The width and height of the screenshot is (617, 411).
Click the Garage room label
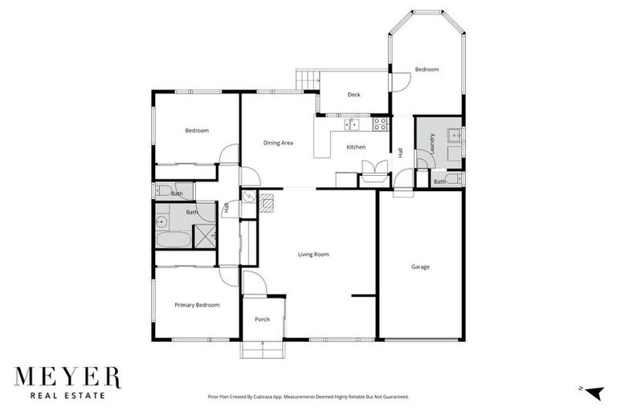coord(420,267)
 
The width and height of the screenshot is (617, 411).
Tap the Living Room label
coord(313,254)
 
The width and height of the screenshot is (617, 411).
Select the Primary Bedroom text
coord(197,305)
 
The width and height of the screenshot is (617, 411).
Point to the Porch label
coord(262,319)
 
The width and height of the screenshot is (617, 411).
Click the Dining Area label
coord(278,143)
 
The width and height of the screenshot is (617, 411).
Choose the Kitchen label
coord(356,147)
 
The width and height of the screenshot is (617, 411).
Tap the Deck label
coord(353,95)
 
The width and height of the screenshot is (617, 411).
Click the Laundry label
coord(432,143)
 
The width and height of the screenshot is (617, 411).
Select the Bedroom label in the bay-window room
coord(427,70)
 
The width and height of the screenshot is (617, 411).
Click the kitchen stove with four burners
coord(380,123)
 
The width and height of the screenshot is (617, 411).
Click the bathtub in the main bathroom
coord(173,238)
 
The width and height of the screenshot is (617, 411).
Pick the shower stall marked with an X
coord(205,236)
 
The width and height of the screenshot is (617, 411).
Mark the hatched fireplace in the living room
coord(266,201)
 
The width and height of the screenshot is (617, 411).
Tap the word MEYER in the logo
coord(67,377)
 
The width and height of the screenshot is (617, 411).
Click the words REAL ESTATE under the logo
coord(67,395)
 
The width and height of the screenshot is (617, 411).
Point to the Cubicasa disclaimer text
coord(308,397)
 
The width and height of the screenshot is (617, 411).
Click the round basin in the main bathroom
coord(161,218)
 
